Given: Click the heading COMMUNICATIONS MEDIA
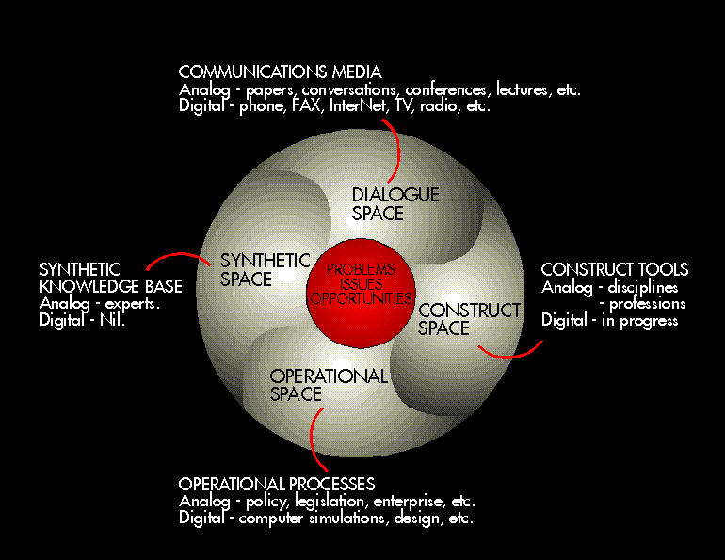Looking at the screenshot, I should click(280, 72).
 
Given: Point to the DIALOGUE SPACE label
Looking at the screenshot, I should click(395, 204).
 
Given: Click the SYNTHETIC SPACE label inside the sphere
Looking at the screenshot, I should click(264, 270).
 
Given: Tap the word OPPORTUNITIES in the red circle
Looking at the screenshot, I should click(362, 298).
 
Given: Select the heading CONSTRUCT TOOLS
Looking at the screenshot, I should click(614, 270).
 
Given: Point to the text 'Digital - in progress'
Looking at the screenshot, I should click(609, 321).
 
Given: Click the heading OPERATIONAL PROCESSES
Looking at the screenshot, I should click(277, 484).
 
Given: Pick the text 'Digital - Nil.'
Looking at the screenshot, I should click(83, 321).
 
